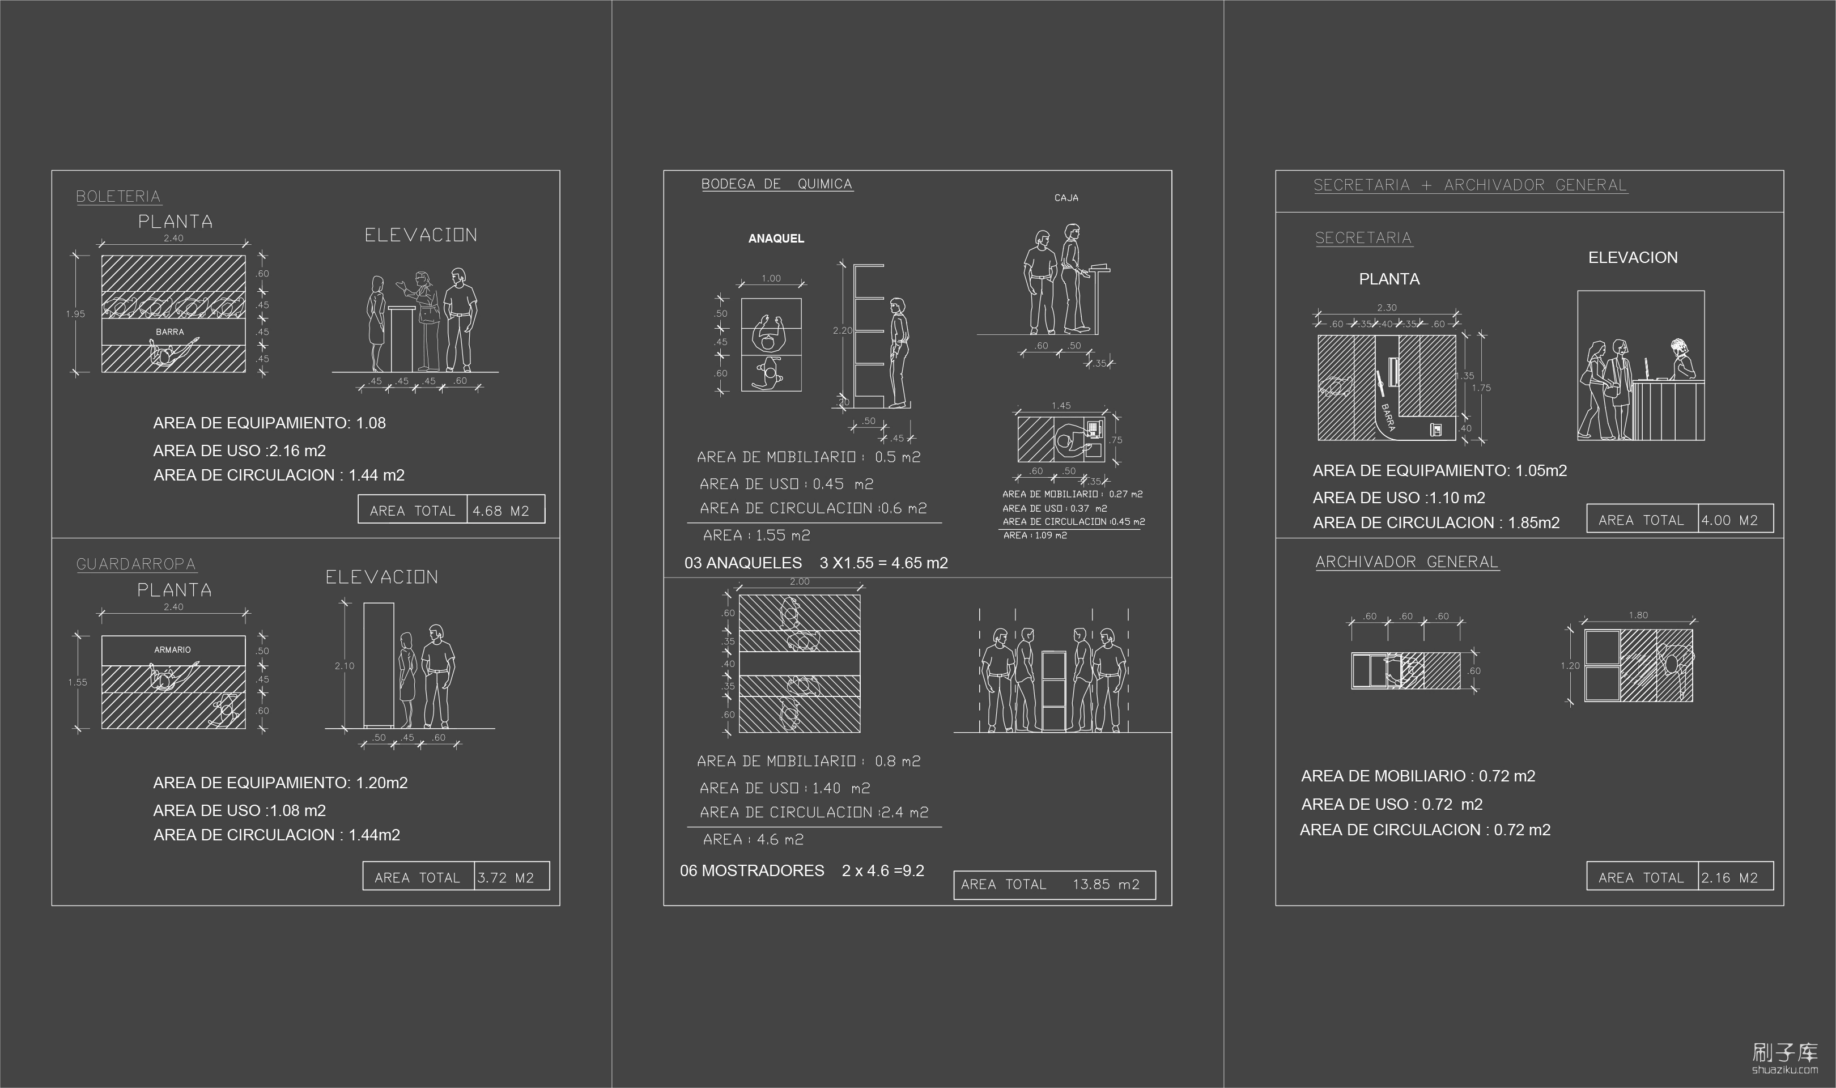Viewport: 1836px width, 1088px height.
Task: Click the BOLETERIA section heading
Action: [x=118, y=197]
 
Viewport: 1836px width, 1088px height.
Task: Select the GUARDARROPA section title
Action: [x=137, y=564]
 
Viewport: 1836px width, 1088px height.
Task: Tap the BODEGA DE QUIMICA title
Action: [x=776, y=184]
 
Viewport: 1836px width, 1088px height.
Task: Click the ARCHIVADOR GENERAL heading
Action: [x=1406, y=562]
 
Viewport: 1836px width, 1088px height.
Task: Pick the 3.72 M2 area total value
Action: [x=505, y=878]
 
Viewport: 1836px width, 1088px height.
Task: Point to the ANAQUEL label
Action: [x=776, y=238]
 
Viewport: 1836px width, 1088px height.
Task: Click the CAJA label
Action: [x=1066, y=198]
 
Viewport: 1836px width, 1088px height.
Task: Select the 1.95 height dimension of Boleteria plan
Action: [x=75, y=314]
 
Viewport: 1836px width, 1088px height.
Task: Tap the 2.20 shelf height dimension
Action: [x=842, y=331]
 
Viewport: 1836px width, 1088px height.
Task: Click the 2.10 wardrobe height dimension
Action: [x=344, y=666]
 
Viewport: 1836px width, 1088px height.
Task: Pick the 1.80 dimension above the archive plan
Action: [x=1638, y=615]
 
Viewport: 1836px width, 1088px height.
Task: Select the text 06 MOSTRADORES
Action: [x=752, y=871]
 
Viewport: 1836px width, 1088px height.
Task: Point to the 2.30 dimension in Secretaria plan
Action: [x=1387, y=308]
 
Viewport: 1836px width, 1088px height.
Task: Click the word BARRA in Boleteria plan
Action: [x=170, y=332]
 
